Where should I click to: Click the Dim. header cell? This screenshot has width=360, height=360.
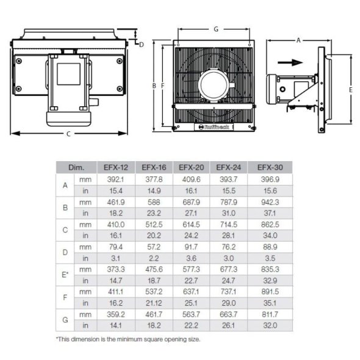pos(76,167)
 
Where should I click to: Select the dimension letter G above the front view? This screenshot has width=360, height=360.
pos(217,28)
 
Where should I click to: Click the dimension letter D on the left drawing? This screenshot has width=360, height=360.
pos(141,44)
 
